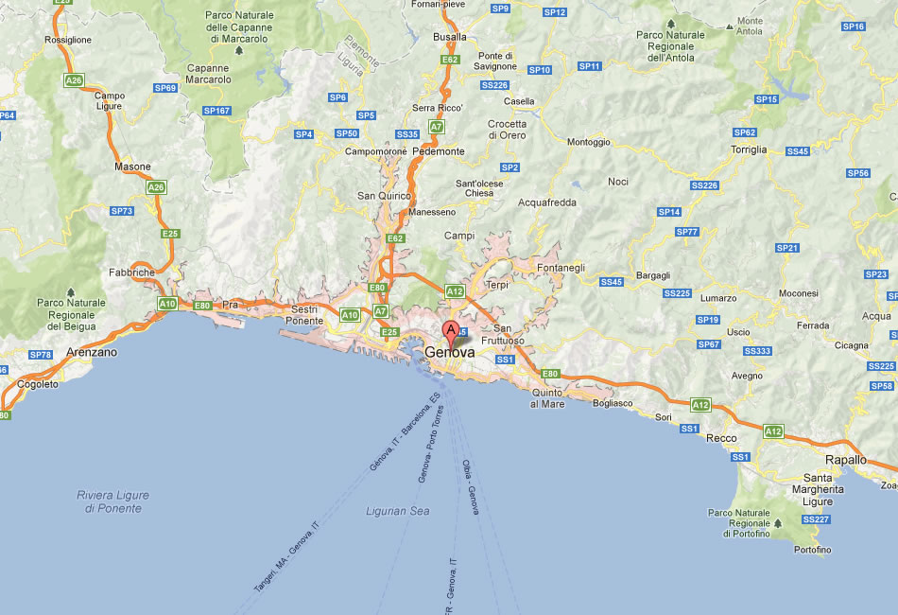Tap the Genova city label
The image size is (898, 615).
(450, 352)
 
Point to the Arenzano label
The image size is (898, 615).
(92, 352)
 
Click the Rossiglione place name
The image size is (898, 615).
(68, 40)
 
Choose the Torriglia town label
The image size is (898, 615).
(749, 150)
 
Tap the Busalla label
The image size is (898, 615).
(449, 37)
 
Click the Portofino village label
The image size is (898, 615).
(813, 550)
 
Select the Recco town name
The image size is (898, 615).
(721, 438)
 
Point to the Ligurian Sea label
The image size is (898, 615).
(397, 511)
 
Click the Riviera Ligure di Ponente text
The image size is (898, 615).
(112, 501)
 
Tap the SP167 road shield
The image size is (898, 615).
(216, 111)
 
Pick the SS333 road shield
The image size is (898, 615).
(757, 351)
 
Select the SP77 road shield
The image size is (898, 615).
(687, 232)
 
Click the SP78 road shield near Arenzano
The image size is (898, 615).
(41, 355)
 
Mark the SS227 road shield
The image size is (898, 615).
(815, 519)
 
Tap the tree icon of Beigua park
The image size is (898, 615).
(70, 292)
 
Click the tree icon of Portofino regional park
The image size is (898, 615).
(778, 522)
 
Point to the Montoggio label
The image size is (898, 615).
(588, 142)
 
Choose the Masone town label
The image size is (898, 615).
(132, 167)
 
